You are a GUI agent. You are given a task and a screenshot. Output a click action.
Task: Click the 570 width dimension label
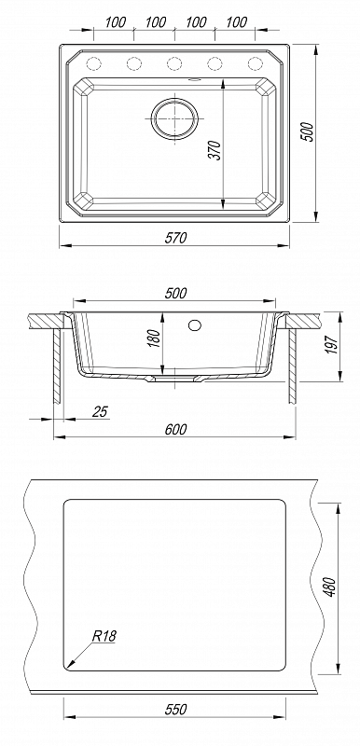tap(175, 238)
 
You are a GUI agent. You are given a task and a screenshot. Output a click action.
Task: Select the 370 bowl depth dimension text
tap(215, 150)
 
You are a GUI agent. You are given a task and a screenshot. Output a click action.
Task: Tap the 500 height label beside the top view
tap(308, 131)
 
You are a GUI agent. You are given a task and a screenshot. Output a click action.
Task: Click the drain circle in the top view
tap(174, 118)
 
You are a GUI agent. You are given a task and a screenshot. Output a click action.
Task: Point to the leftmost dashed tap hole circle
tap(93, 62)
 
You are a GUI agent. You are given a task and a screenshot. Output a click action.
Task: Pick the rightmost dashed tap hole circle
tap(256, 62)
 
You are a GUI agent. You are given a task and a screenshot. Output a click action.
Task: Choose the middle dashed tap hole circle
tap(174, 62)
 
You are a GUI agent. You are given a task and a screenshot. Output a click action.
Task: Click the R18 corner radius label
tap(104, 637)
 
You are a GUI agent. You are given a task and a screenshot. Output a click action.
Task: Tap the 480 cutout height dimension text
tap(331, 587)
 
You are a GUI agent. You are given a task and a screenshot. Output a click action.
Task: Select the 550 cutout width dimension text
tap(175, 710)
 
